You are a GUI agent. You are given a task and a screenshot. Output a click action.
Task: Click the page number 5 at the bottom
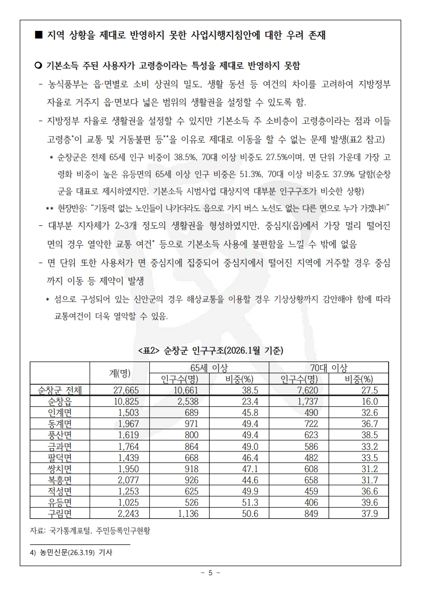click(210, 573)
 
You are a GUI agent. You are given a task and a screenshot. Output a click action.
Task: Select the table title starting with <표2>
click(210, 350)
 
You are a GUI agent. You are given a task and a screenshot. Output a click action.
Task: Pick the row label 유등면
click(59, 502)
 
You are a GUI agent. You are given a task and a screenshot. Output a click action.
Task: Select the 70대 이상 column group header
click(329, 368)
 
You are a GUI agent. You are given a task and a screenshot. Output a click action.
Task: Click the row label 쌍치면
click(59, 468)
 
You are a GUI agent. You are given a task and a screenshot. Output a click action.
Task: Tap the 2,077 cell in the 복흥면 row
click(126, 480)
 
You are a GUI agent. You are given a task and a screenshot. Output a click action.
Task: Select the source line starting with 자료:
click(90, 531)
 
